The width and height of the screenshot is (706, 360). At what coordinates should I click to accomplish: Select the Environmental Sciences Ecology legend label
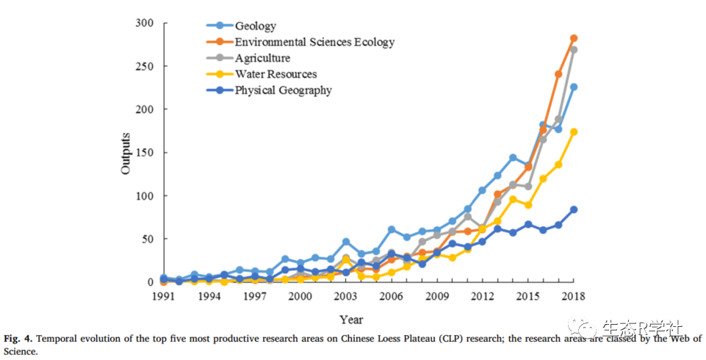pos(314,42)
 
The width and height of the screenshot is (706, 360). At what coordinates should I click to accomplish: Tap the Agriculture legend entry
pos(262,58)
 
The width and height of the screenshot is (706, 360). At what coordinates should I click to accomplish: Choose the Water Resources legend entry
pos(275,74)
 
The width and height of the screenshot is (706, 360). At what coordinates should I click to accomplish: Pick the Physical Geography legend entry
pos(283,90)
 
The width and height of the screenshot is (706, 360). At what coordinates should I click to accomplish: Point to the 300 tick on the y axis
pos(145,24)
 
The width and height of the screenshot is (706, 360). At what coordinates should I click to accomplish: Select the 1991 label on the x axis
pos(163,296)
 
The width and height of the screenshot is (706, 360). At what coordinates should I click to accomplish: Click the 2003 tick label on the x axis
pos(345,296)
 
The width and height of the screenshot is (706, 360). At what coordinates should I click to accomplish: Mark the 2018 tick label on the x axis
pos(573,296)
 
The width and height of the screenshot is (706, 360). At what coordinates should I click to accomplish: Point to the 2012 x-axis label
pos(482,296)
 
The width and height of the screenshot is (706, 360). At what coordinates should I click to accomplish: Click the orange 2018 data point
pos(574,38)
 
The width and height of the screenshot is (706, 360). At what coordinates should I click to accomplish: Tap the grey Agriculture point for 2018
pos(574,50)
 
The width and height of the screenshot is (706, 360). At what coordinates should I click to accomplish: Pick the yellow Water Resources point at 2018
pos(574,132)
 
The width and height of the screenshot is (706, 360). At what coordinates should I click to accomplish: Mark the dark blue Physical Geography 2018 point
pos(574,209)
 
